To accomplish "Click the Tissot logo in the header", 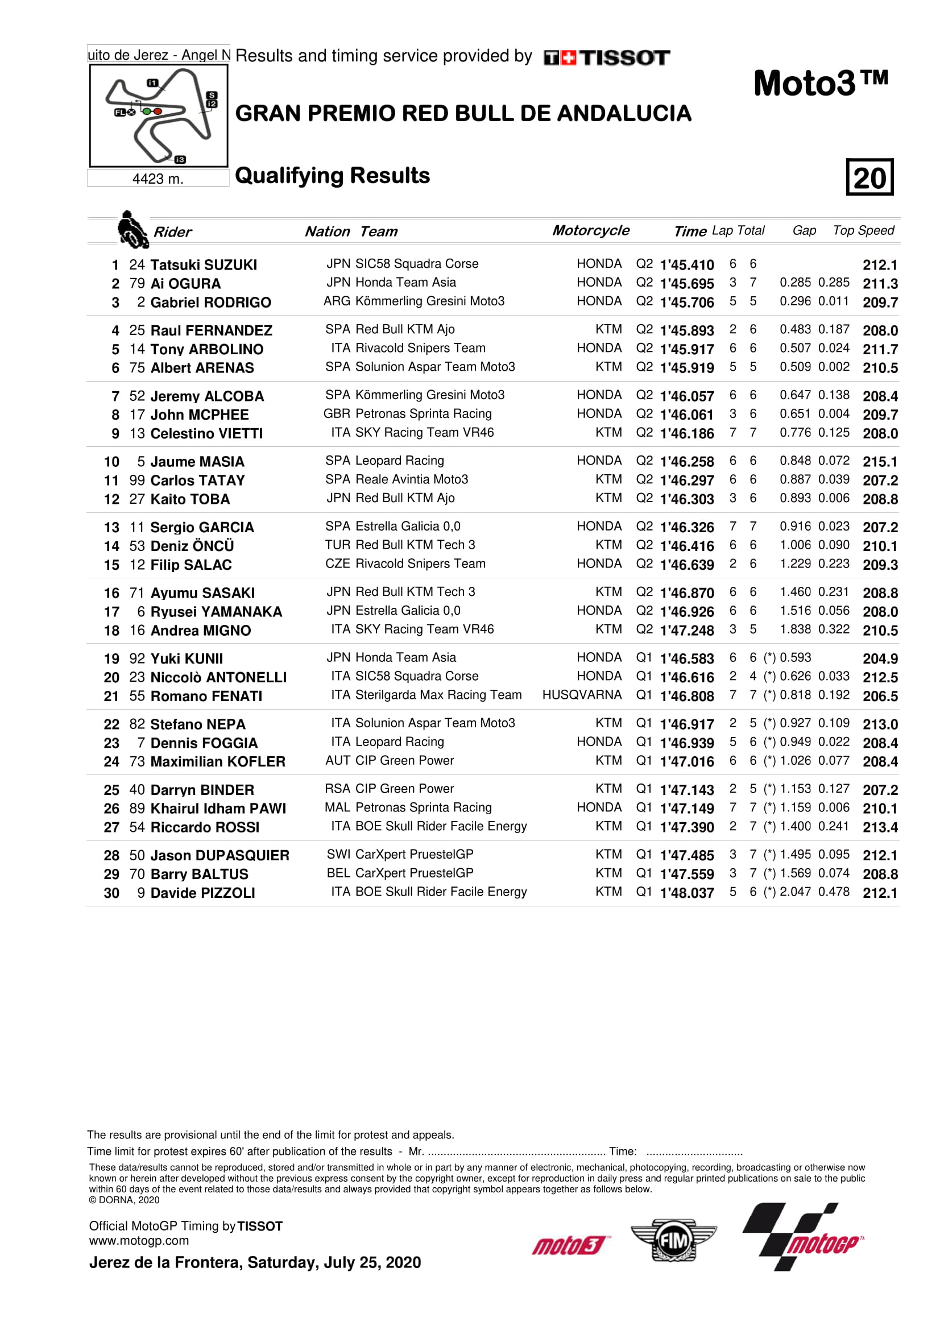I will (x=606, y=57).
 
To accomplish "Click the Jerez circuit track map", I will (x=158, y=115).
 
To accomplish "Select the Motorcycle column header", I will (x=590, y=230).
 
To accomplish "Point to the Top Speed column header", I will (x=863, y=230).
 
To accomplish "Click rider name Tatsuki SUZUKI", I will (x=203, y=265).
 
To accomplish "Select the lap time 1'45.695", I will (x=686, y=284).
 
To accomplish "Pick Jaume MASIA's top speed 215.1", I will (x=880, y=462).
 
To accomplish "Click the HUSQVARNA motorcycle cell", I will (x=582, y=695).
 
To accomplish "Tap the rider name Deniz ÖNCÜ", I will (x=192, y=546).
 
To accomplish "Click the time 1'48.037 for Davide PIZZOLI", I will (x=686, y=893).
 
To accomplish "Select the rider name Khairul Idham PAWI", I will (x=218, y=808).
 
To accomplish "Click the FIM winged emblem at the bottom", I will (x=673, y=1240).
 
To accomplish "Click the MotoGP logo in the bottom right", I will (x=804, y=1237).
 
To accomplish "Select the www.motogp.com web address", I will (x=138, y=1240).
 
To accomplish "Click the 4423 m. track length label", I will (x=158, y=179).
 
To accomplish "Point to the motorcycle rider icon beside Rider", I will (x=132, y=229).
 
